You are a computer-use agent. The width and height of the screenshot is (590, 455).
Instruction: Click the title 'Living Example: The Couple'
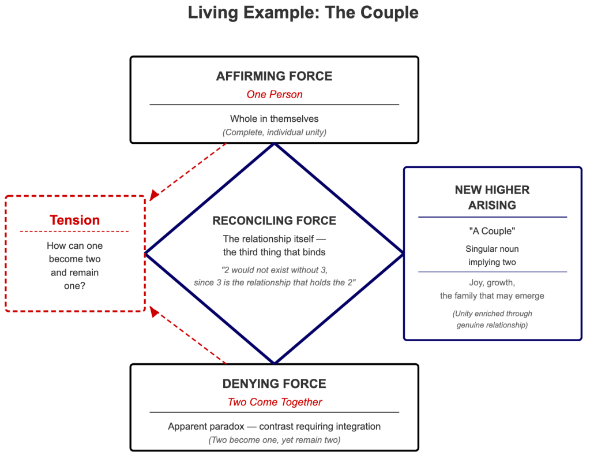303,13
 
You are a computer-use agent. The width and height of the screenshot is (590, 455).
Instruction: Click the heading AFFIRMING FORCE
274,76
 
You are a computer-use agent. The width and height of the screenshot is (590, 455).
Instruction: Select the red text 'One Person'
274,94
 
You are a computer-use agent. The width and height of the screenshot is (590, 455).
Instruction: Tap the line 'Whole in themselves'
274,119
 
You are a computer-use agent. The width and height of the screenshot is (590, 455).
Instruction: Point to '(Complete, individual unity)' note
274,132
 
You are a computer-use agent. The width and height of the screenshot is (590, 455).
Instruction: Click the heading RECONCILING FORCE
274,221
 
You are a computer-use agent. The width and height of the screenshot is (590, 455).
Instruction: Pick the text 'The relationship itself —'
274,238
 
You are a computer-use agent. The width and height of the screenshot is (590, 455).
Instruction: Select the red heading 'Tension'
74,220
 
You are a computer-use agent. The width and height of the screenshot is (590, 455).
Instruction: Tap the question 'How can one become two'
74,252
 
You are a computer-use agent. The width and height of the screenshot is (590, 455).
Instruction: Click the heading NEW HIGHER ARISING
492,197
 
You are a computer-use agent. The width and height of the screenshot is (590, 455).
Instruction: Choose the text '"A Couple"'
492,231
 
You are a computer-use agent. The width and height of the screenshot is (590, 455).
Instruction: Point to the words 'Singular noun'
492,249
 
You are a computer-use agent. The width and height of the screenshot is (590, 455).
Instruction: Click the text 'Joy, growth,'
492,283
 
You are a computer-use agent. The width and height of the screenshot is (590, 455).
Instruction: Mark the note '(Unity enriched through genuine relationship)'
492,319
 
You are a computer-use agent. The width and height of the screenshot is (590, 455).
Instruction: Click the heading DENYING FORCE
274,384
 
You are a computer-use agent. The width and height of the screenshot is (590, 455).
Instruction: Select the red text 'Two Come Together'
274,402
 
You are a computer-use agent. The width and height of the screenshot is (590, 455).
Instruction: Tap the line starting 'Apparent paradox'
274,427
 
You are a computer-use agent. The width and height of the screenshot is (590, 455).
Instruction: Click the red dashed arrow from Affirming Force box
187,171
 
